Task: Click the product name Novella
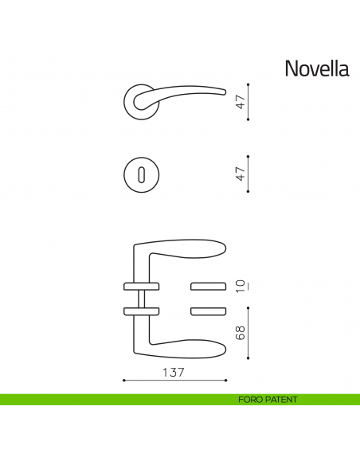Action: tap(316, 68)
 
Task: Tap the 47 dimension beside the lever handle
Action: tap(239, 102)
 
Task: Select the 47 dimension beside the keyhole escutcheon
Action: tap(239, 174)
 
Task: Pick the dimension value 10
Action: tap(239, 285)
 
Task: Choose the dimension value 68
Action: tap(239, 333)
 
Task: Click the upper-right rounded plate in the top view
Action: tap(209, 286)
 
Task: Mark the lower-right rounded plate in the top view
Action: tap(209, 310)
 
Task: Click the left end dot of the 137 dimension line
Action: tap(124, 381)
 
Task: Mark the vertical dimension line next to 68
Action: tap(249, 332)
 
